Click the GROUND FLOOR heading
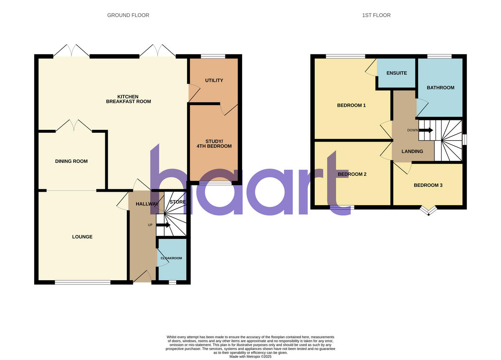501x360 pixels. tap(128, 15)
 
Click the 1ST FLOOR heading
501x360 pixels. tap(376, 15)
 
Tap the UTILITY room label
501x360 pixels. tap(214, 81)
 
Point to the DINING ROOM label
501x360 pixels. tap(71, 161)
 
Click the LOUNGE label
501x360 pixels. tap(82, 237)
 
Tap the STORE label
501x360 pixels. tap(177, 202)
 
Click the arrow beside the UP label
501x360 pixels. tap(163, 225)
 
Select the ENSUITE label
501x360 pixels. tap(397, 73)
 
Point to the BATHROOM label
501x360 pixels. tap(440, 88)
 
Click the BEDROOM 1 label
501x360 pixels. tap(352, 105)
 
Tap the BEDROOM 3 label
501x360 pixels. tap(428, 185)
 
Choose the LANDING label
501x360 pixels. tap(412, 152)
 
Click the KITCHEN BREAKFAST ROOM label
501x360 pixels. tap(128, 99)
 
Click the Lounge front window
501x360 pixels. tap(82, 283)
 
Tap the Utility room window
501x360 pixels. tap(213, 56)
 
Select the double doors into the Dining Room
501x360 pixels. tap(74, 126)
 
